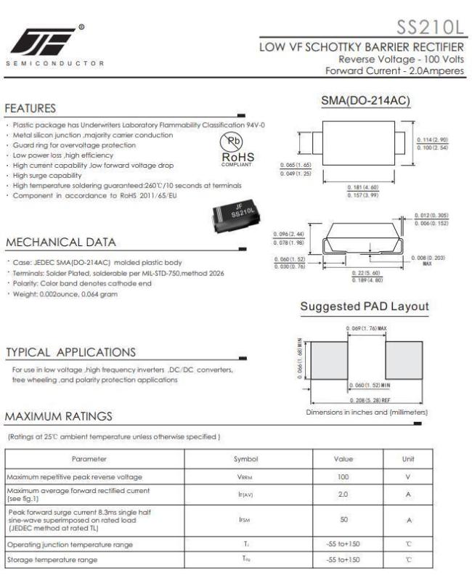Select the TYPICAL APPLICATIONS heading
point(70,352)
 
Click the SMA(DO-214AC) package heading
point(366,99)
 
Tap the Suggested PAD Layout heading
point(364,307)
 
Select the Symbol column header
point(246,459)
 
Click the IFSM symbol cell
point(246,520)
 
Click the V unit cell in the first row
point(408,477)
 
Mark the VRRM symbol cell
point(246,477)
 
